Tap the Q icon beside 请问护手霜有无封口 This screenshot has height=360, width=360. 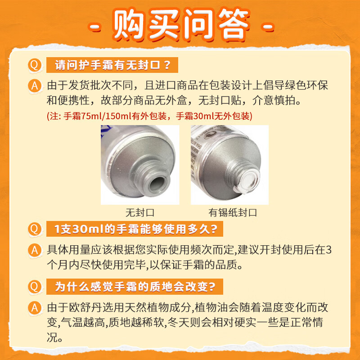[x=34, y=66]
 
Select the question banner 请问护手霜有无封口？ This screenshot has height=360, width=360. [x=112, y=66]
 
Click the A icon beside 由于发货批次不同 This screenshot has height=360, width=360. [x=35, y=85]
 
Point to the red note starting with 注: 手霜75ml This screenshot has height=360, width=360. [x=149, y=116]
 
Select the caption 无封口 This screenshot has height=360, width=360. [x=140, y=212]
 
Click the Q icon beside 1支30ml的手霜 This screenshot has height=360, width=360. [x=34, y=229]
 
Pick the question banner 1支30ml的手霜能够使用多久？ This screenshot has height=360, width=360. [x=135, y=229]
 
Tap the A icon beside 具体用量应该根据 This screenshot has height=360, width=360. [x=35, y=250]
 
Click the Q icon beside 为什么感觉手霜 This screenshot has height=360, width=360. [x=34, y=286]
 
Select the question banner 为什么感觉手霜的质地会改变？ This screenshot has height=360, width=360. [x=135, y=286]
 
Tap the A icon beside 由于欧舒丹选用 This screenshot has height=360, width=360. [x=35, y=308]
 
